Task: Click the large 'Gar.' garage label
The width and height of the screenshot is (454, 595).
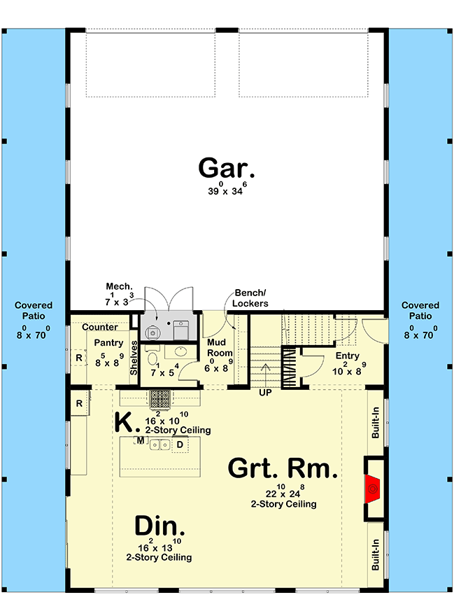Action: (226, 169)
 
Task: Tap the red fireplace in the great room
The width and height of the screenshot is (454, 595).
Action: (374, 488)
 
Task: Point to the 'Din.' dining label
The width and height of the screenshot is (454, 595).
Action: (159, 526)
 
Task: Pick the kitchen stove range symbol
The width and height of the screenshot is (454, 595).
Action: (159, 398)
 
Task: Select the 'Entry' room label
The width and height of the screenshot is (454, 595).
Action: (347, 356)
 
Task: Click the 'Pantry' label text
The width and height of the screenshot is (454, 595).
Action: (109, 343)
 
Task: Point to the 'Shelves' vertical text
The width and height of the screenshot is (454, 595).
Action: (134, 358)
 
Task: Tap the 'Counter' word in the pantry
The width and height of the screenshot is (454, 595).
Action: (99, 328)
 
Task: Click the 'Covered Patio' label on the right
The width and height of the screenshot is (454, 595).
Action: (420, 311)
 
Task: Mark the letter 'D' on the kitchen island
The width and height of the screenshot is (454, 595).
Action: (179, 444)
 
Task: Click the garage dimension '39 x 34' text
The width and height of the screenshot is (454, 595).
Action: (226, 190)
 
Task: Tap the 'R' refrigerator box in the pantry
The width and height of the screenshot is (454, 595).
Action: (78, 358)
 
